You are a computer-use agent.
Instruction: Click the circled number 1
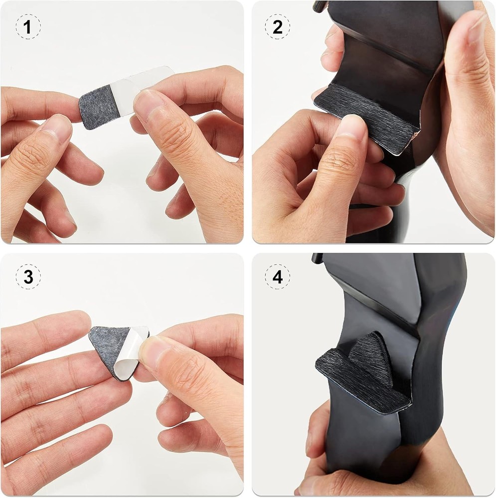click(28, 28)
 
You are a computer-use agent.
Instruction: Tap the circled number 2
click(278, 28)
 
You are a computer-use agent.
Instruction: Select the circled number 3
click(28, 277)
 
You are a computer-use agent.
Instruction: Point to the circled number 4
click(278, 277)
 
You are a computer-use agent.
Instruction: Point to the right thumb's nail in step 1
click(148, 102)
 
